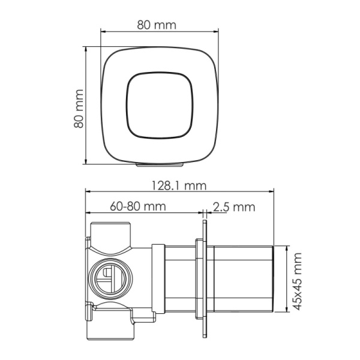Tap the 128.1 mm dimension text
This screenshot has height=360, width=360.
pos(179,186)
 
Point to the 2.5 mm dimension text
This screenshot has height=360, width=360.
pos(234,206)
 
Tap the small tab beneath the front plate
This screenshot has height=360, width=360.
pos(160,164)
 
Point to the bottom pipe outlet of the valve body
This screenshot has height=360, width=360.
pos(112,328)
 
